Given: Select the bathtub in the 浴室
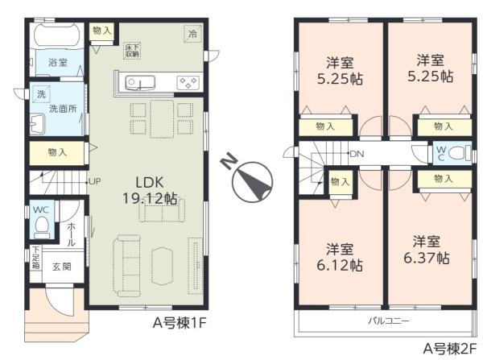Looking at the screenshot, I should (55, 36).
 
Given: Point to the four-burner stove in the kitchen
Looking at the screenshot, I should (188, 82).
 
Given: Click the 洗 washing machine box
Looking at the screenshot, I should (40, 94).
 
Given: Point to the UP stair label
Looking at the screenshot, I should (94, 180).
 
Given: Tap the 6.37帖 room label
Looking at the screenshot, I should (426, 250).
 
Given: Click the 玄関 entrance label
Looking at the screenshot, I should (63, 267).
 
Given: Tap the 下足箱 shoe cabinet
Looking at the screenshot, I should (35, 257).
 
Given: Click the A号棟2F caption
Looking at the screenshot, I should (450, 350).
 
